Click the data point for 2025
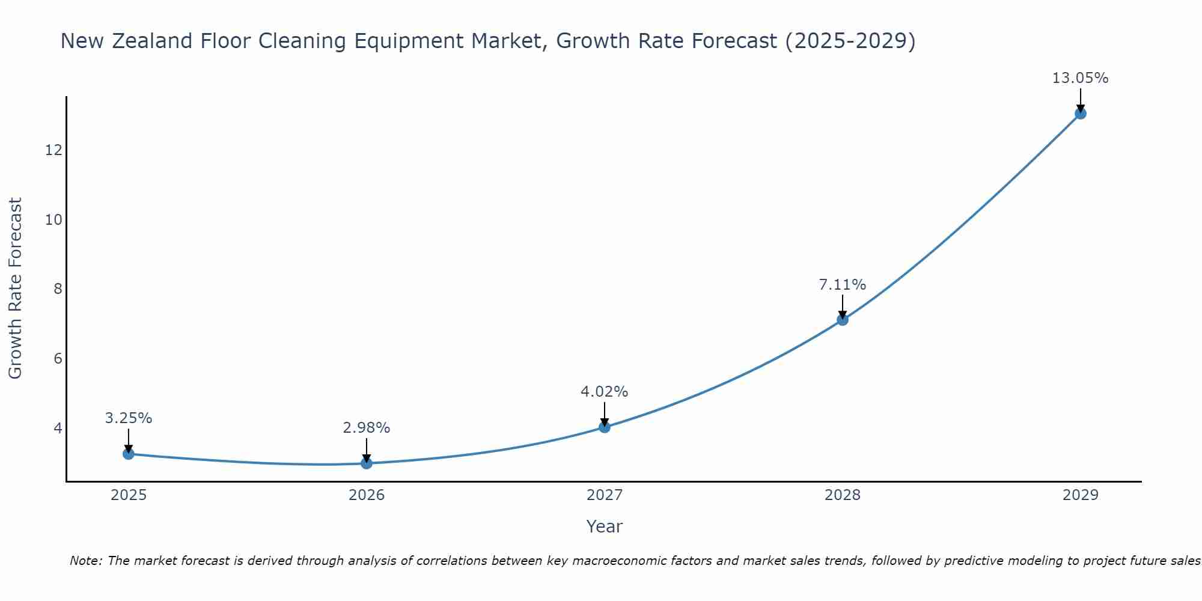pos(128,454)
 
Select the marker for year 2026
pos(367,463)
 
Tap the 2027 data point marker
pos(605,427)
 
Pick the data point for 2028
pos(843,320)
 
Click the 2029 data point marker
pos(1081,114)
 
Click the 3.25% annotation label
pos(128,418)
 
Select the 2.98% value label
pos(367,428)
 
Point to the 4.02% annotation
pos(605,392)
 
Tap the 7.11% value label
pos(843,285)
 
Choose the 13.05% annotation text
pos(1081,78)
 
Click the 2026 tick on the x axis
pos(367,495)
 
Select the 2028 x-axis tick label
pos(843,495)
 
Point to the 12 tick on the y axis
pos(54,150)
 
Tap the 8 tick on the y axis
pos(58,289)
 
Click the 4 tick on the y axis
pos(58,428)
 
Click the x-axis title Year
pos(605,526)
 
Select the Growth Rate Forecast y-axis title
pos(15,288)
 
